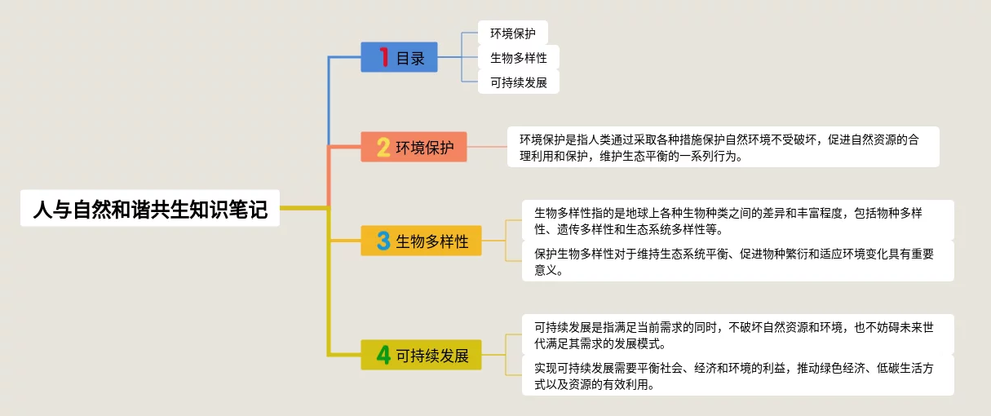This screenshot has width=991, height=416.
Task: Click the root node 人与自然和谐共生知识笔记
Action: (x=150, y=209)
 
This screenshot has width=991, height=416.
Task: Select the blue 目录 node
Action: (x=400, y=58)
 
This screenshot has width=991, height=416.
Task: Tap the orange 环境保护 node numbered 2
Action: (x=414, y=147)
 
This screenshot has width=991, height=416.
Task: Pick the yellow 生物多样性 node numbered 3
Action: (x=422, y=241)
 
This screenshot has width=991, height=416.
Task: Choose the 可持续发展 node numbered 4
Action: (x=422, y=356)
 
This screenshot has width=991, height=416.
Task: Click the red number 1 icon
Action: (x=383, y=58)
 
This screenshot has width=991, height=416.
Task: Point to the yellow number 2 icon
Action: (x=383, y=147)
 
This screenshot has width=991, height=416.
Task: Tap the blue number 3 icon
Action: (x=383, y=241)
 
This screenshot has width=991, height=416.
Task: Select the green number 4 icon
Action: (x=383, y=356)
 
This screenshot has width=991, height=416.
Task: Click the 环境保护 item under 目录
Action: (x=512, y=33)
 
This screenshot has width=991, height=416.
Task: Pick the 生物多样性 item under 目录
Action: (x=518, y=58)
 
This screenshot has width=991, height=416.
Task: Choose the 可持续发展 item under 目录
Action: (x=518, y=82)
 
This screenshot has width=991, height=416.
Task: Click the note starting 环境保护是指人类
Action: (x=723, y=147)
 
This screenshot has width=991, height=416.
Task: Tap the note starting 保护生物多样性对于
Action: (x=737, y=261)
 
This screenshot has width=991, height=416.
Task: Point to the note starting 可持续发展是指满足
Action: (x=737, y=334)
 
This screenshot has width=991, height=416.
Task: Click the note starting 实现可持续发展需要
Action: (x=737, y=375)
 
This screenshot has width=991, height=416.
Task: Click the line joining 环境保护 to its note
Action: (x=487, y=147)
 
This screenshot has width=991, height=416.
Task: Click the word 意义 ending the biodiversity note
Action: (x=546, y=270)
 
